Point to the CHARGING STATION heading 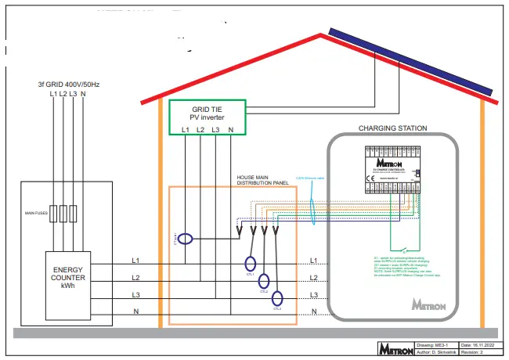(x=392, y=128)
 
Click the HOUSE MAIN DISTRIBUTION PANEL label (x=262, y=181)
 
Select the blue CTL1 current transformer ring (x=250, y=265)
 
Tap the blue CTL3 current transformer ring (x=277, y=298)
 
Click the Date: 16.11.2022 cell (x=477, y=344)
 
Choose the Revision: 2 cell (x=477, y=353)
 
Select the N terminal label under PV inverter (x=230, y=129)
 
